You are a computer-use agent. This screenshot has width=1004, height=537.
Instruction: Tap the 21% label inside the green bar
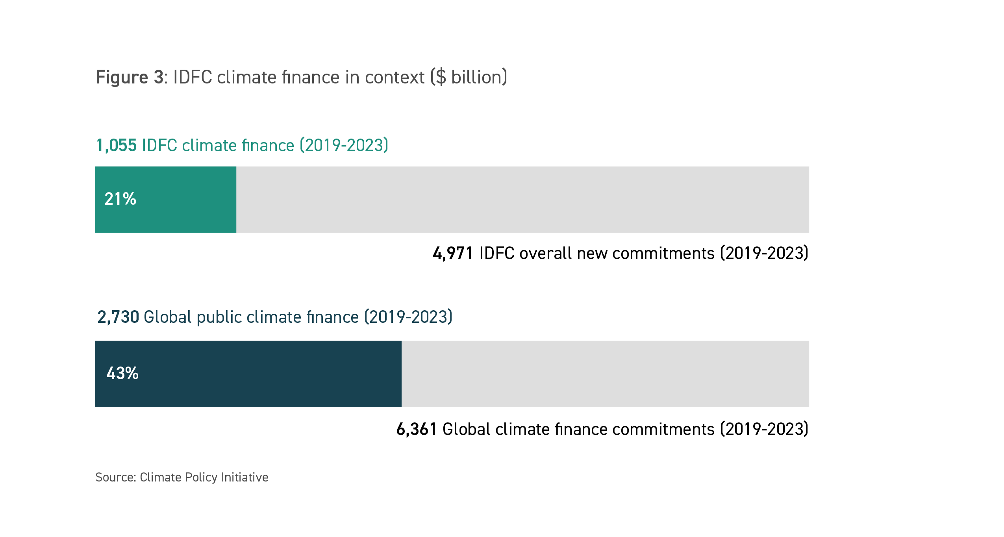click(120, 199)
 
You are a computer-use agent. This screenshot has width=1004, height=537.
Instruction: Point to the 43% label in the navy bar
click(122, 373)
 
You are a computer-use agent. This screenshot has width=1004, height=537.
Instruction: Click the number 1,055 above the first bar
click(117, 145)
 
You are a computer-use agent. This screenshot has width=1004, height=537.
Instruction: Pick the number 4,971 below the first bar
click(453, 253)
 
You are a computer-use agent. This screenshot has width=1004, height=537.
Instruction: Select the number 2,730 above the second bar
click(118, 317)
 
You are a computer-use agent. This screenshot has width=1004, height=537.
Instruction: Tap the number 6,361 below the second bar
click(417, 429)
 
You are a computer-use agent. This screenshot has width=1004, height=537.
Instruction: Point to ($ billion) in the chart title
click(469, 77)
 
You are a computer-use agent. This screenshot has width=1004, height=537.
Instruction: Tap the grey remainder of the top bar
click(522, 200)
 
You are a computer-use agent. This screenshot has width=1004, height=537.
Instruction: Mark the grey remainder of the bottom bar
click(605, 374)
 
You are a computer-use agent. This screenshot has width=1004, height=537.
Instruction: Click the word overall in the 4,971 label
click(545, 253)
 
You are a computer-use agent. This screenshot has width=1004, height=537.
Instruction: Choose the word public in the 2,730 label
click(219, 317)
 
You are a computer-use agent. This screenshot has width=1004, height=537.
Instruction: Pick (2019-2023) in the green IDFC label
click(344, 145)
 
